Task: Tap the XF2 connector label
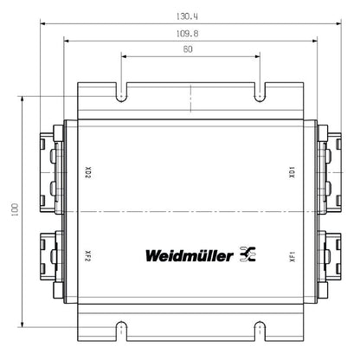pos(88,256)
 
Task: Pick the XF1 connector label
pos(292,256)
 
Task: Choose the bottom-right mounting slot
pos(258,330)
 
